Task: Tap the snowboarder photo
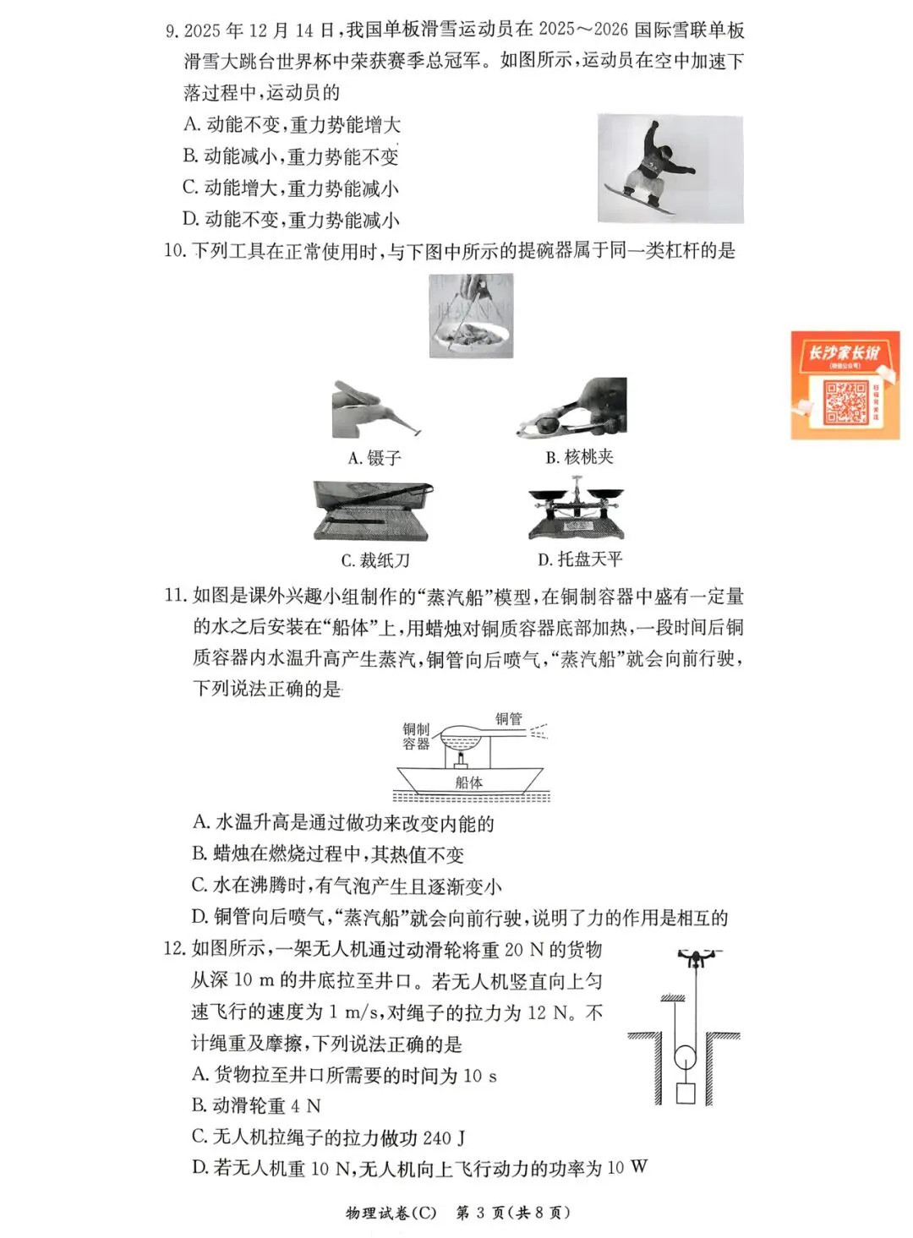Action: click(670, 168)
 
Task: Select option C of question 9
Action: click(290, 188)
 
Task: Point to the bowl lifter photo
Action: click(470, 315)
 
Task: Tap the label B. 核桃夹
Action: click(579, 457)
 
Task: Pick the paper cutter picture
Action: click(372, 511)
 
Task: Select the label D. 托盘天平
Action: click(580, 559)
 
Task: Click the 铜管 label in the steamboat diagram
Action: click(509, 719)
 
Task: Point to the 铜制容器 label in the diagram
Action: click(416, 736)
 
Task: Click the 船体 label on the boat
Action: click(468, 783)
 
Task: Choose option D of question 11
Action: click(460, 918)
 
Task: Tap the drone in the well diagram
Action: click(695, 958)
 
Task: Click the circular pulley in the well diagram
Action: click(686, 1056)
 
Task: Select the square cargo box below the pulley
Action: click(686, 1093)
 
